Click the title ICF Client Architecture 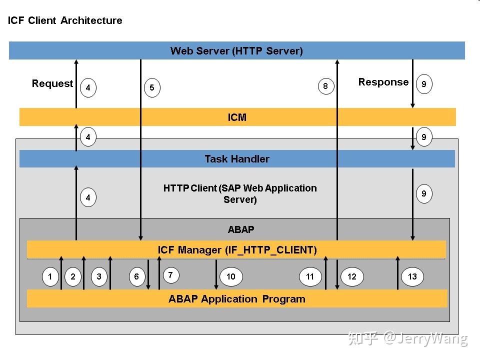pos(65,20)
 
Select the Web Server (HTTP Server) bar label pos(236,50)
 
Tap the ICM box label pos(237,117)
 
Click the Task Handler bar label pos(237,159)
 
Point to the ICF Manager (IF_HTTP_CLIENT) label pos(237,249)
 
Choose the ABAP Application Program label pos(237,299)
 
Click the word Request pos(52,83)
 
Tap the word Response pos(383,82)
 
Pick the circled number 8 pos(325,86)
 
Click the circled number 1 pos(50,276)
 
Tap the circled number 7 pos(170,275)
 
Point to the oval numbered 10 pos(231,276)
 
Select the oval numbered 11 pos(310,276)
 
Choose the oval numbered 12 pos(352,276)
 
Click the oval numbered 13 pos(412,276)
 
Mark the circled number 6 pos(137,276)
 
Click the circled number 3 pos(99,276)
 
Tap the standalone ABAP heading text pos(241,229)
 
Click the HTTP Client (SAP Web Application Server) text pos(240,193)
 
